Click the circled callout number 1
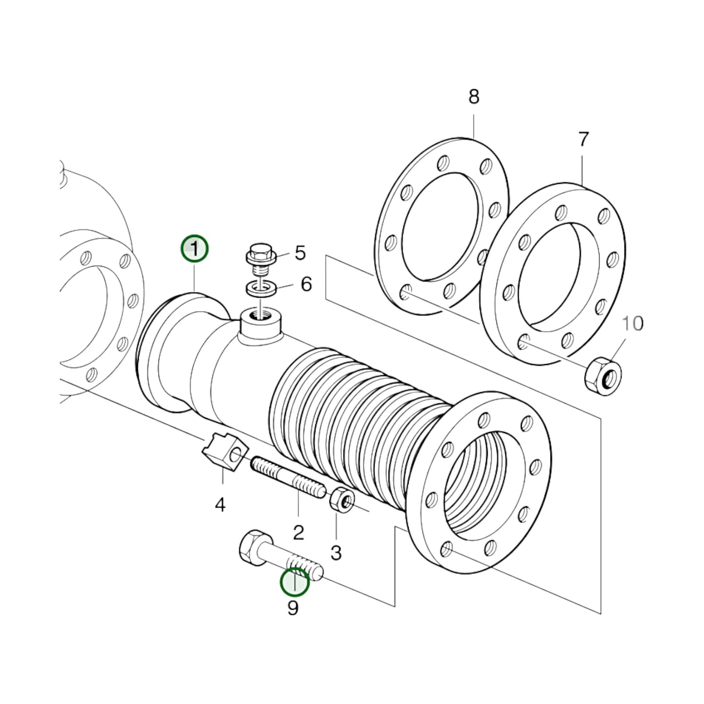[194, 249]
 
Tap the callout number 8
[474, 97]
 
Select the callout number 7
[583, 140]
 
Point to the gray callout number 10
[632, 323]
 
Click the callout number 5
[300, 253]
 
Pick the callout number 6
[306, 284]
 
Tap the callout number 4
[220, 505]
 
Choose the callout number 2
[298, 533]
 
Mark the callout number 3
[336, 553]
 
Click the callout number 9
[293, 608]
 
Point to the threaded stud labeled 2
[287, 478]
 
